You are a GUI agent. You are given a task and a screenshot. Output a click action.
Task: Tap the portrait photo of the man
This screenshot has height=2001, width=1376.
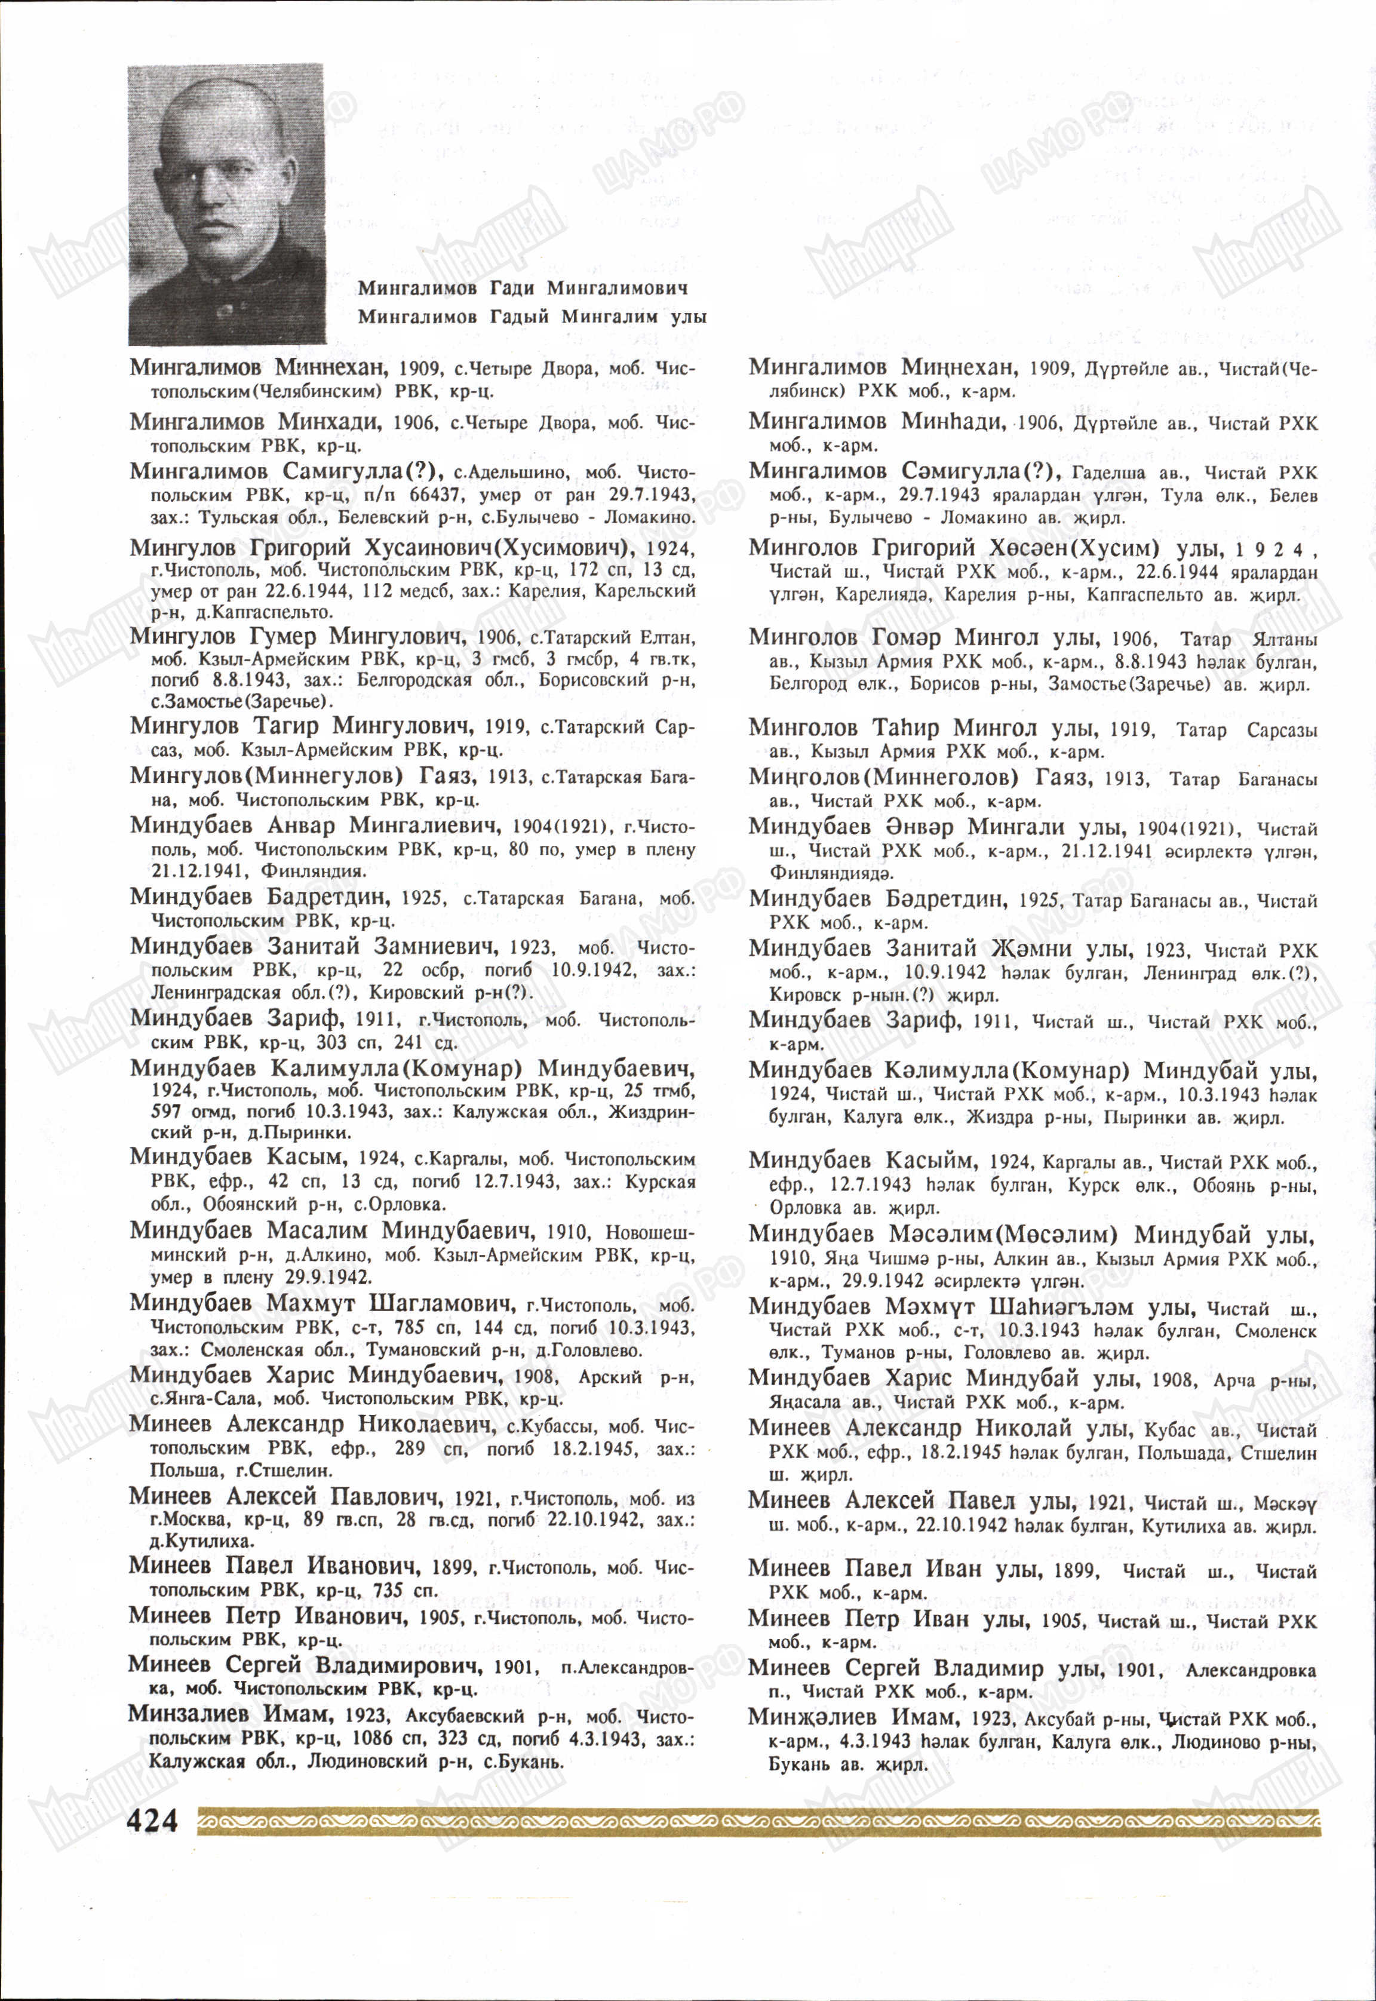[227, 204]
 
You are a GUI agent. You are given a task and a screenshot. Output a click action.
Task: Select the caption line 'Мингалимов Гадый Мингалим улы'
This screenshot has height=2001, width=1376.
[532, 317]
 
